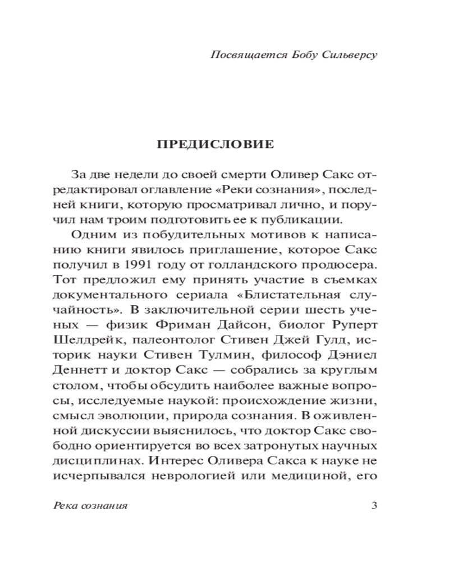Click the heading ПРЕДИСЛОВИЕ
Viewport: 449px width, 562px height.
[x=216, y=144]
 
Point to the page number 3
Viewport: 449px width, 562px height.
[x=374, y=505]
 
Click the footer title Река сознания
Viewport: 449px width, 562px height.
[x=89, y=505]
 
